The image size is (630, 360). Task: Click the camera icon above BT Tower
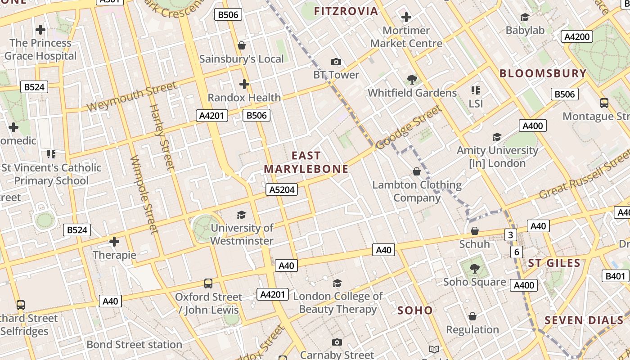coord(336,62)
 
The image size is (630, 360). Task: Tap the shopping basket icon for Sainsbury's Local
coord(242,45)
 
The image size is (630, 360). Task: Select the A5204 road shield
coord(282,190)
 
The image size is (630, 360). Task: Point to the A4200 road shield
coord(577,37)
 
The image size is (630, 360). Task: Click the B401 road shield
coord(615,276)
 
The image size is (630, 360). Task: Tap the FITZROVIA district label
coord(346,11)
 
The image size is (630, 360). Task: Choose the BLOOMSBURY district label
coord(543,73)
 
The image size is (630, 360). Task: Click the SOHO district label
coord(415,310)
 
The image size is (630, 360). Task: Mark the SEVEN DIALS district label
coord(584,320)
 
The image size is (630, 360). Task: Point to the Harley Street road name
coord(162,137)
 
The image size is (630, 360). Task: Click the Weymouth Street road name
coord(131,96)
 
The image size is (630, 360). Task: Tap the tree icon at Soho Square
coord(474,269)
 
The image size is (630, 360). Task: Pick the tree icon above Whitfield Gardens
coord(412,80)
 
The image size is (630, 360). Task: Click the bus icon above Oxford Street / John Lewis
coord(208,283)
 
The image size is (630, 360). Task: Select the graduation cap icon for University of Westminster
coord(242,215)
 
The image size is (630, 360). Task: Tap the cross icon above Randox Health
coord(244,84)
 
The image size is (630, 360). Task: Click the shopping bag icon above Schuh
coord(474,231)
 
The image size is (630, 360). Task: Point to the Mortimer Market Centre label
coord(406,37)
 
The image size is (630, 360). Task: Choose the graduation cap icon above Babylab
coord(525,17)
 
